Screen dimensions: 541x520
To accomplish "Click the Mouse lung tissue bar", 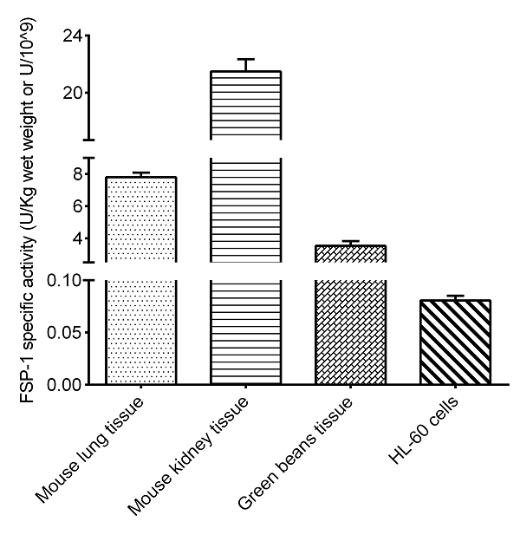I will coord(140,329).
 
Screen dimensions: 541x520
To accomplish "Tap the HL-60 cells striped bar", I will coord(454,342).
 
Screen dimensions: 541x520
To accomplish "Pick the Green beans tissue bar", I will coord(350,329).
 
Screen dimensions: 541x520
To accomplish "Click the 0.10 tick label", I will coord(66,281).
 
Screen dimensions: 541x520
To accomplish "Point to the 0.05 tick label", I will coord(66,333).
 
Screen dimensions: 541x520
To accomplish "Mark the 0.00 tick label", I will coord(66,384).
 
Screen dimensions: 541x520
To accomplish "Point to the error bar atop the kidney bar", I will coord(245,64).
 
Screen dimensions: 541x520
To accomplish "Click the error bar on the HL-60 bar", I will coord(454,297).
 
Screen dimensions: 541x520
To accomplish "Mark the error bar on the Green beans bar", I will coord(350,243).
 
